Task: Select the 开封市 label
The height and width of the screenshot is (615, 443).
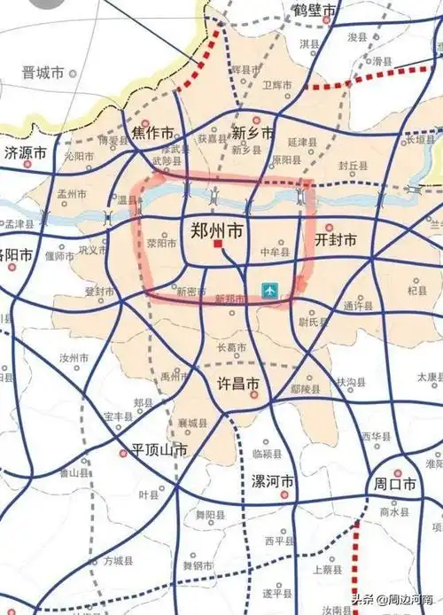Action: coord(336,240)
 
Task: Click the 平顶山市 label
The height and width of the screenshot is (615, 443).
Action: coord(159,449)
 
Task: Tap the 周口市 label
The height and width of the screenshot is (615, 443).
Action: coord(394,486)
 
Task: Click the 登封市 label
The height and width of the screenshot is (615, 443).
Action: coord(100,291)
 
